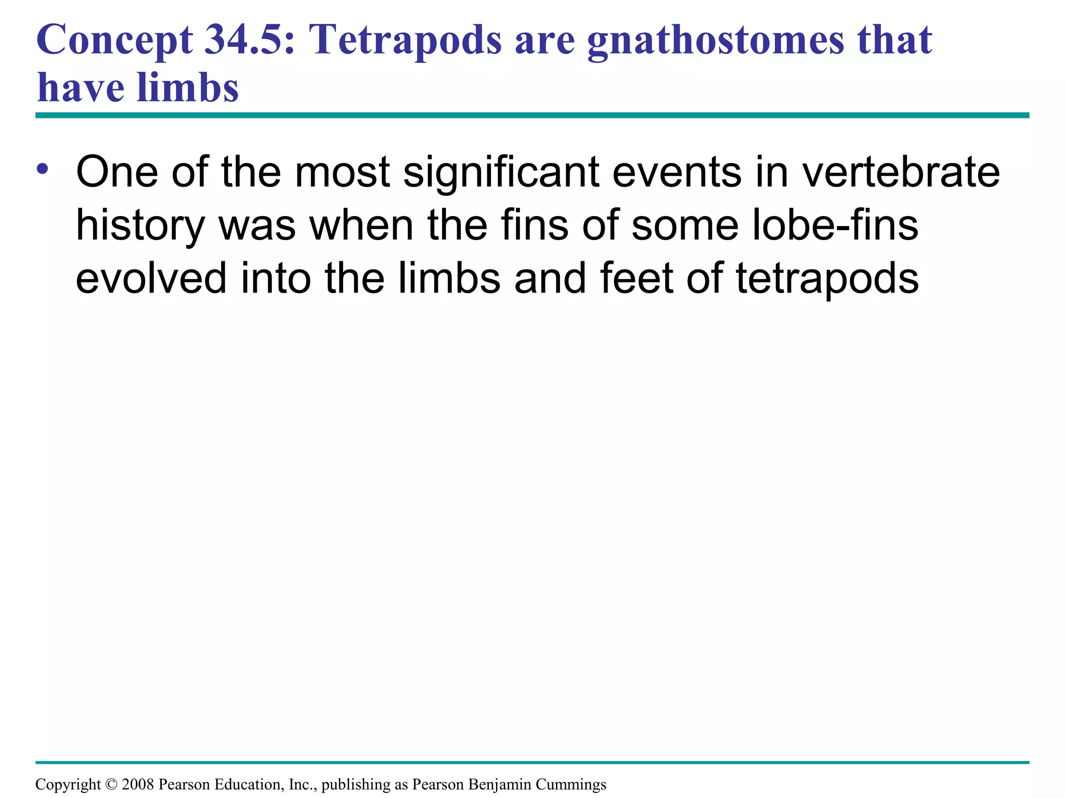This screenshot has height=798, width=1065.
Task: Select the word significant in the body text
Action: click(x=501, y=172)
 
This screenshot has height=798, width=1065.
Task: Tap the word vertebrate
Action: click(x=901, y=171)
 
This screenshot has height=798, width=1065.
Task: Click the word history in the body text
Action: click(x=140, y=227)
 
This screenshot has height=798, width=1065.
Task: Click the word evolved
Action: click(x=151, y=278)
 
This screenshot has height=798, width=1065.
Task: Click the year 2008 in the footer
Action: click(x=138, y=784)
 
